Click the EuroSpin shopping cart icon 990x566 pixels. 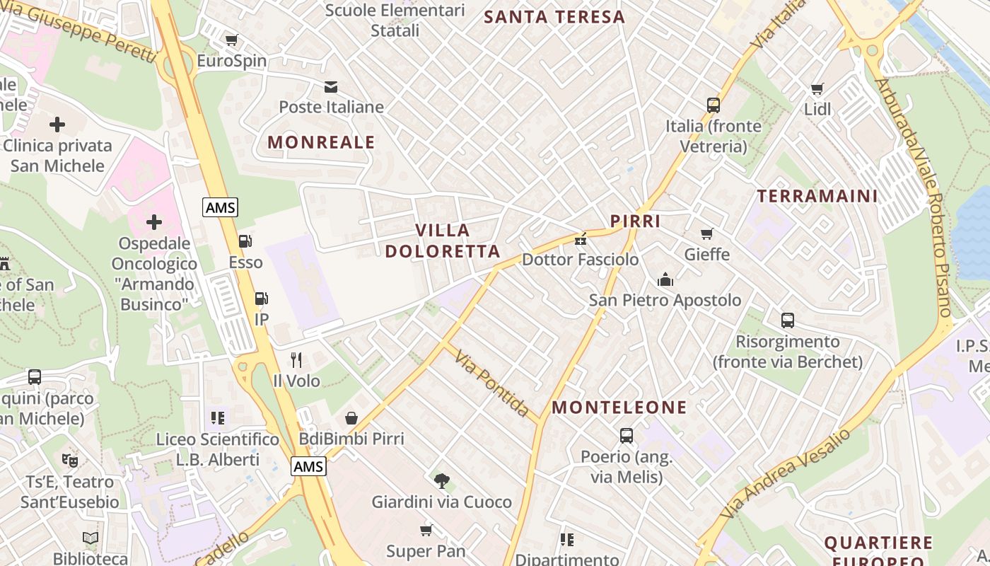[x=231, y=40]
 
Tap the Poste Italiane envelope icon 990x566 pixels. [x=330, y=87]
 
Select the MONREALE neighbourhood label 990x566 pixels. [x=321, y=142]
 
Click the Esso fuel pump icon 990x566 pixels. [x=245, y=241]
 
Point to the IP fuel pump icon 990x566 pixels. [x=261, y=299]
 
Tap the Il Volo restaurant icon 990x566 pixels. [x=296, y=360]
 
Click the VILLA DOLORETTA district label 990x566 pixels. [x=443, y=241]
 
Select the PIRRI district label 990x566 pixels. [x=636, y=221]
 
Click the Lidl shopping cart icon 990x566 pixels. [x=817, y=89]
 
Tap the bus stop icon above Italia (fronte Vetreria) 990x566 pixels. [x=713, y=105]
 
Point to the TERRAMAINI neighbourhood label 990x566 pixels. [x=817, y=196]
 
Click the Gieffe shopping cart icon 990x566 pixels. [x=706, y=233]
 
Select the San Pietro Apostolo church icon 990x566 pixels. [x=665, y=279]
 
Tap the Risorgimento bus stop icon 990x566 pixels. [x=788, y=320]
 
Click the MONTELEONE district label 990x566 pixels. [x=619, y=408]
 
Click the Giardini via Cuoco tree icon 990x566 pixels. [x=442, y=481]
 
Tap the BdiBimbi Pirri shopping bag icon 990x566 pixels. [x=351, y=418]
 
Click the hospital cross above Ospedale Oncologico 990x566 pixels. [x=154, y=223]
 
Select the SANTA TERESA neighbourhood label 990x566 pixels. [x=555, y=17]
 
